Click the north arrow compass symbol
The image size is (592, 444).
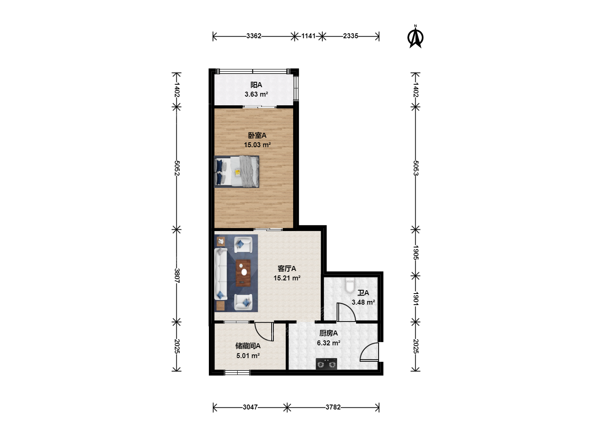click(415, 37)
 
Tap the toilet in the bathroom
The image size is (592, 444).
click(349, 285)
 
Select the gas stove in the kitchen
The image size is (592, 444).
click(326, 364)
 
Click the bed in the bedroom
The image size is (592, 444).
click(236, 171)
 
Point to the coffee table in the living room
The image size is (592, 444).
click(243, 273)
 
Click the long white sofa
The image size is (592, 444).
click(221, 274)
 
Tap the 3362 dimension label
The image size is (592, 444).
click(254, 36)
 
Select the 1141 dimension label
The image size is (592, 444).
click(308, 36)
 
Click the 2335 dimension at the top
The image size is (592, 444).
click(350, 36)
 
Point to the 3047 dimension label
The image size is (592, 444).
click(250, 407)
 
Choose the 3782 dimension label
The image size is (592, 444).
click(333, 407)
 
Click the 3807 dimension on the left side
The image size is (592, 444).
click(177, 275)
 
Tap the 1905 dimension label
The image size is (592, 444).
click(416, 252)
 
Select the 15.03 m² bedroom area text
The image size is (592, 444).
click(257, 145)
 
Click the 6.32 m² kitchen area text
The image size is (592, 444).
click(328, 343)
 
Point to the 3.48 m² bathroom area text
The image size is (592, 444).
click(363, 302)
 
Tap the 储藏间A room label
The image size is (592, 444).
click(248, 346)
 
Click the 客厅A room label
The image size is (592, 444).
click(287, 268)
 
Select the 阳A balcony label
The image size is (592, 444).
click(256, 85)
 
